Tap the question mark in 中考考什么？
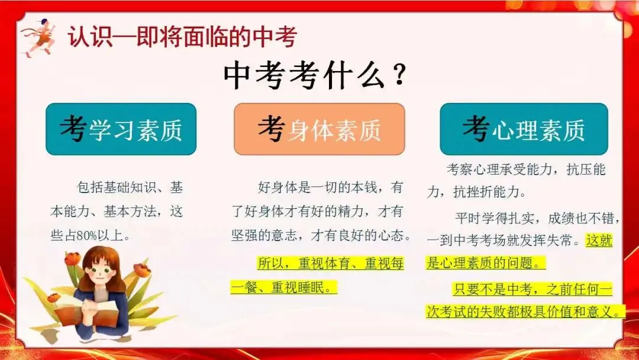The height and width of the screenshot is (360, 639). tap(400, 76)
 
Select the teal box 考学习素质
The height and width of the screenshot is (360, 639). tap(121, 129)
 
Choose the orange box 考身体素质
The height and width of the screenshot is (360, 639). tap(319, 129)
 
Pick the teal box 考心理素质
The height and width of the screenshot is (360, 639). tap(523, 129)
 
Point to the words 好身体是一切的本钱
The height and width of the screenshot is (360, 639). tap(317, 188)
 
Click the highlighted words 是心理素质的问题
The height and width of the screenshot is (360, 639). tap(485, 263)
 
